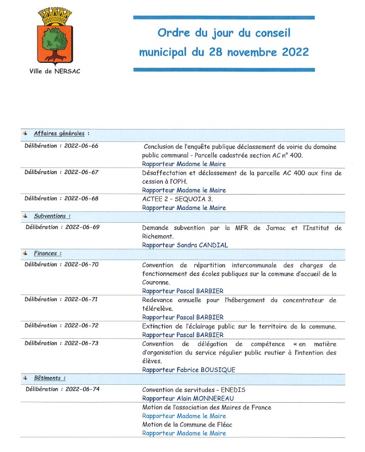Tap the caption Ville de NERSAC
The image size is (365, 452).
pos(55,71)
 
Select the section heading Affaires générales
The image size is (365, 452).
pos(60,133)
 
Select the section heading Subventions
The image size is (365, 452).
pos(50,216)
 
